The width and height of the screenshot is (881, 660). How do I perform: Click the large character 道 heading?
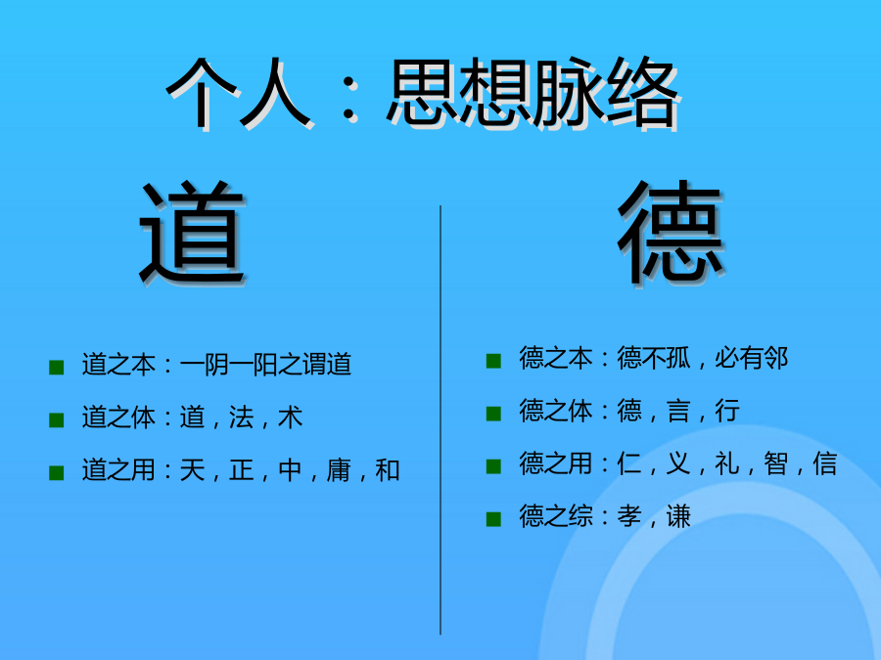tap(192, 232)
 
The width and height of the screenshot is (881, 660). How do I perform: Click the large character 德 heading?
tap(671, 232)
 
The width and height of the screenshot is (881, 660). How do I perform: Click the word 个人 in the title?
tap(240, 93)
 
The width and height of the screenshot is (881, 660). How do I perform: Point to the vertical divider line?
tap(440, 419)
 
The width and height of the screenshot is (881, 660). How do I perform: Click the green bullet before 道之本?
tap(56, 367)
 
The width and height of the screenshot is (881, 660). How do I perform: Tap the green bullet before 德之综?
tap(493, 518)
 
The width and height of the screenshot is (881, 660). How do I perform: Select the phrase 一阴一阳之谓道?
tap(265, 365)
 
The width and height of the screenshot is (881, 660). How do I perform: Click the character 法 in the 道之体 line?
tap(241, 417)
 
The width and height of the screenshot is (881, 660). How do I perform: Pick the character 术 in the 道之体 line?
tap(290, 417)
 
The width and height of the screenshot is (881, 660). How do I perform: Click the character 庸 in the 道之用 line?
tap(339, 469)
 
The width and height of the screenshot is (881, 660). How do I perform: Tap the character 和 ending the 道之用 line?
tap(388, 469)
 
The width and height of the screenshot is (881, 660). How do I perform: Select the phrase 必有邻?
tap(751, 358)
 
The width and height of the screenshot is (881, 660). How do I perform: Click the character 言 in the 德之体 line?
tap(678, 411)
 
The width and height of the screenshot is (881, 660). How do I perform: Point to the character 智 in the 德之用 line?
tap(776, 463)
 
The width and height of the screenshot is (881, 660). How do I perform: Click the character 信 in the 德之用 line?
tap(825, 463)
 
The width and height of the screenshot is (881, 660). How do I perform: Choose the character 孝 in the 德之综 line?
tap(629, 515)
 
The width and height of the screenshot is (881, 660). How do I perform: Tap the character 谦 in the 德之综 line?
tap(678, 515)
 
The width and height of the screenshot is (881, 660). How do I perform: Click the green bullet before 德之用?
tap(493, 465)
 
